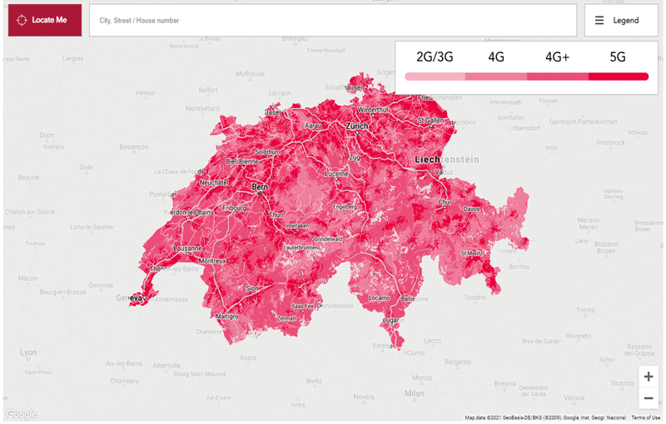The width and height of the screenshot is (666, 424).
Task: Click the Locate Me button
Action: [45, 20]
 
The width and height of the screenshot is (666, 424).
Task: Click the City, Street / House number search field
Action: [333, 20]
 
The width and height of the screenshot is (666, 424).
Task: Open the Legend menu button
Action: [621, 20]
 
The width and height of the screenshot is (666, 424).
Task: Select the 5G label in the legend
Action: [617, 57]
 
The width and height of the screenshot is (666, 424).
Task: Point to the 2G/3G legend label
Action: [435, 57]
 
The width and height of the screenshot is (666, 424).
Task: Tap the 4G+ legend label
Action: [557, 57]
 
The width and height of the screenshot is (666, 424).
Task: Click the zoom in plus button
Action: [649, 377]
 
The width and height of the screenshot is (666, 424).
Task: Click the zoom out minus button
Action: [649, 397]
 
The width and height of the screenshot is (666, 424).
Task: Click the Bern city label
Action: [260, 188]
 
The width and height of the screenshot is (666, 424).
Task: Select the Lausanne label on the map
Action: [187, 248]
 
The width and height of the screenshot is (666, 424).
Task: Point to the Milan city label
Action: [414, 392]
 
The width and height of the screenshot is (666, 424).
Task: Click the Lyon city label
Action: [28, 353]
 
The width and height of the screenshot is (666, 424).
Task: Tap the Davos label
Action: [471, 210]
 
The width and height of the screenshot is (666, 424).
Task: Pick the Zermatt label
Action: [286, 318]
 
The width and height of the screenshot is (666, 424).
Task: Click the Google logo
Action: [21, 414]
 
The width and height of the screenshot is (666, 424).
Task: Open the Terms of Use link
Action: [645, 417]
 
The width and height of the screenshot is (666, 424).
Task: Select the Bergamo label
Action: [457, 362]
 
